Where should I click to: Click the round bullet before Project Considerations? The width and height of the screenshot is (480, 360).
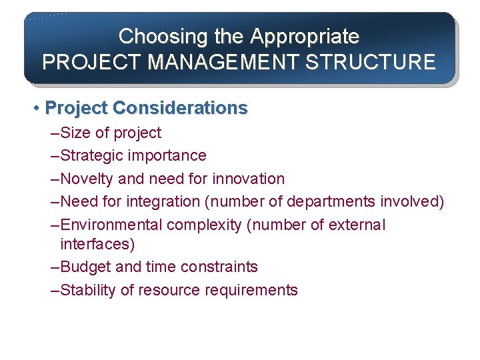pyautogui.click(x=39, y=108)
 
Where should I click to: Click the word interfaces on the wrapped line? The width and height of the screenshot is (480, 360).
pyautogui.click(x=97, y=244)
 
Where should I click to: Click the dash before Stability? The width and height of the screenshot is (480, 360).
pyautogui.click(x=55, y=290)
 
